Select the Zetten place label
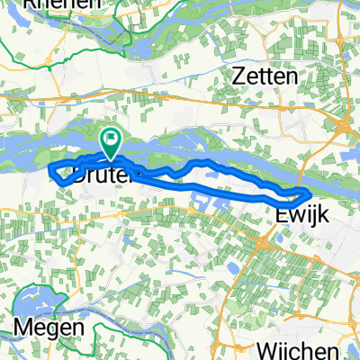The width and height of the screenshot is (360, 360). tap(266, 77)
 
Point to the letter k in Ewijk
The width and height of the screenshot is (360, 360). tap(318, 214)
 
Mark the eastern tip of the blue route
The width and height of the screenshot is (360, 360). tap(310, 193)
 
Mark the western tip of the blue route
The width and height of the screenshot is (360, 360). tap(49, 167)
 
